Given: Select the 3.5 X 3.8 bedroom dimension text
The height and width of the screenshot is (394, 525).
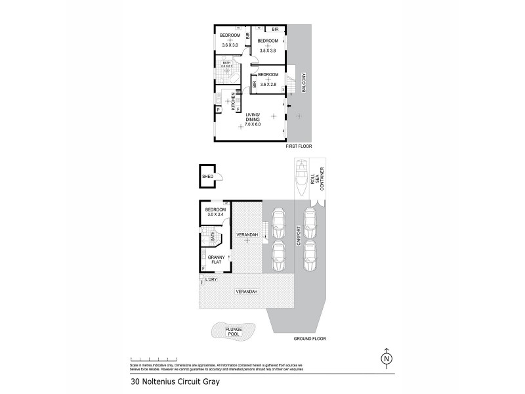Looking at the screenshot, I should point(268,50).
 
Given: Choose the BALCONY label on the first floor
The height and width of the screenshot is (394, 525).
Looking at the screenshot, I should point(304,83).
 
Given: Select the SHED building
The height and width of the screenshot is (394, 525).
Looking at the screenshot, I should point(209,176).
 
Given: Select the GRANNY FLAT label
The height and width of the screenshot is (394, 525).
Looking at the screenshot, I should point(216,259).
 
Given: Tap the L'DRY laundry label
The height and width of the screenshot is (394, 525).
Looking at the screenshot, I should point(211,280).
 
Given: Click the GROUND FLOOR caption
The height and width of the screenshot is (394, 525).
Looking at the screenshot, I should point(310,339).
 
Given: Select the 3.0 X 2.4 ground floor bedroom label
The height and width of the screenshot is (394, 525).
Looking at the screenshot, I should point(215,213).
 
